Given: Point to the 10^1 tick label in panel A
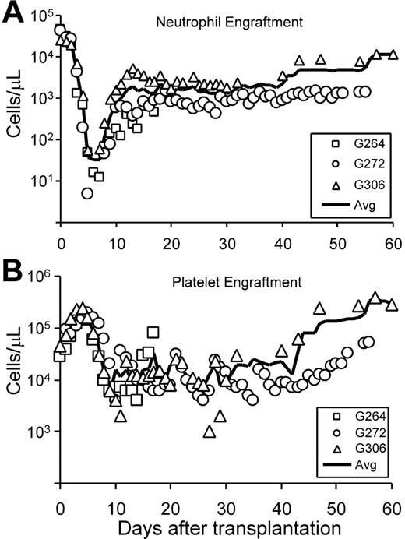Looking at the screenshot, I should pos(37,181).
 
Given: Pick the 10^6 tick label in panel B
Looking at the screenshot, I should pos(37,276).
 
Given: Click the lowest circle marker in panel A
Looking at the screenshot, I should pos(87,193).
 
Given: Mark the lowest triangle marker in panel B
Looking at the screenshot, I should pos(209,432).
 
